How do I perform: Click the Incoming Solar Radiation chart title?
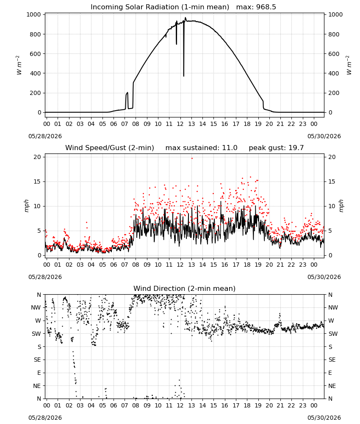(160, 7)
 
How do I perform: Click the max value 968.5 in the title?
(266, 7)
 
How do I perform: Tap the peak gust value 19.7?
(296, 148)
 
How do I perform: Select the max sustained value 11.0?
(230, 148)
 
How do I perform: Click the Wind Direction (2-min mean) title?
(185, 288)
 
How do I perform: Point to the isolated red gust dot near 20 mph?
(192, 158)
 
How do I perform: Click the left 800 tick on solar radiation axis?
(36, 34)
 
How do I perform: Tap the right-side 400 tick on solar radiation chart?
(334, 73)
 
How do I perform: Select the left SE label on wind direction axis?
(37, 360)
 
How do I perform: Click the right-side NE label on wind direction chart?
(332, 386)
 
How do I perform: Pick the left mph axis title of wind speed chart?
(26, 206)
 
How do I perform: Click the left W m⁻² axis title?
(19, 65)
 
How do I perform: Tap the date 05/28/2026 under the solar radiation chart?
(45, 136)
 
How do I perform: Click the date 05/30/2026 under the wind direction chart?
(324, 418)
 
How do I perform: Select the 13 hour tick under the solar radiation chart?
(191, 124)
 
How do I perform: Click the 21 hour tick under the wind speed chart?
(280, 265)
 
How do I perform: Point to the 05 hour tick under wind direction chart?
(102, 405)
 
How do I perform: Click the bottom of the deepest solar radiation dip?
(184, 76)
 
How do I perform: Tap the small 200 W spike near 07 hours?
(127, 93)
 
